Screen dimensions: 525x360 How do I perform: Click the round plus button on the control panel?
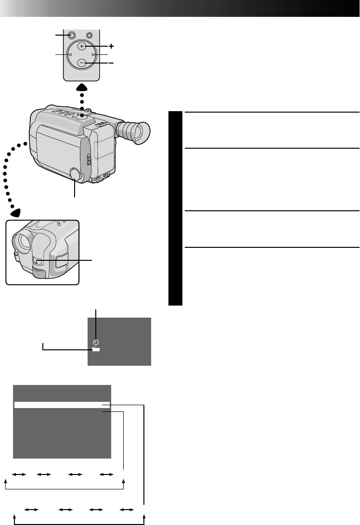pyautogui.click(x=82, y=46)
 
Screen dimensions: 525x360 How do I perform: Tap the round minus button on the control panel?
pyautogui.click(x=82, y=63)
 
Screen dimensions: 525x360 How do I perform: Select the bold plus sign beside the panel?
pyautogui.click(x=112, y=46)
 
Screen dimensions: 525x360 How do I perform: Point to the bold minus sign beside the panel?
pyautogui.click(x=111, y=63)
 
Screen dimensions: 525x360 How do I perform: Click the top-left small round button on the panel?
pyautogui.click(x=72, y=35)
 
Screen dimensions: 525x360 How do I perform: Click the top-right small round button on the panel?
pyautogui.click(x=90, y=35)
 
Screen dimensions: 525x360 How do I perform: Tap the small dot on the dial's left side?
pyautogui.click(x=70, y=55)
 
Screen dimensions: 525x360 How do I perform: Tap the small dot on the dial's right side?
pyautogui.click(x=93, y=55)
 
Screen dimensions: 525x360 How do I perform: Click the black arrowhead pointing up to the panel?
pyautogui.click(x=82, y=88)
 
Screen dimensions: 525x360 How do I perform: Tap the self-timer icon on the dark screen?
pyautogui.click(x=96, y=342)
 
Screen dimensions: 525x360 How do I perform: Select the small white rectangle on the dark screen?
pyautogui.click(x=96, y=350)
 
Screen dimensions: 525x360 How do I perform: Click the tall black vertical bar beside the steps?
pyautogui.click(x=176, y=208)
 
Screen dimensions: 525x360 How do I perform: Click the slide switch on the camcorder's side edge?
pyautogui.click(x=89, y=158)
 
